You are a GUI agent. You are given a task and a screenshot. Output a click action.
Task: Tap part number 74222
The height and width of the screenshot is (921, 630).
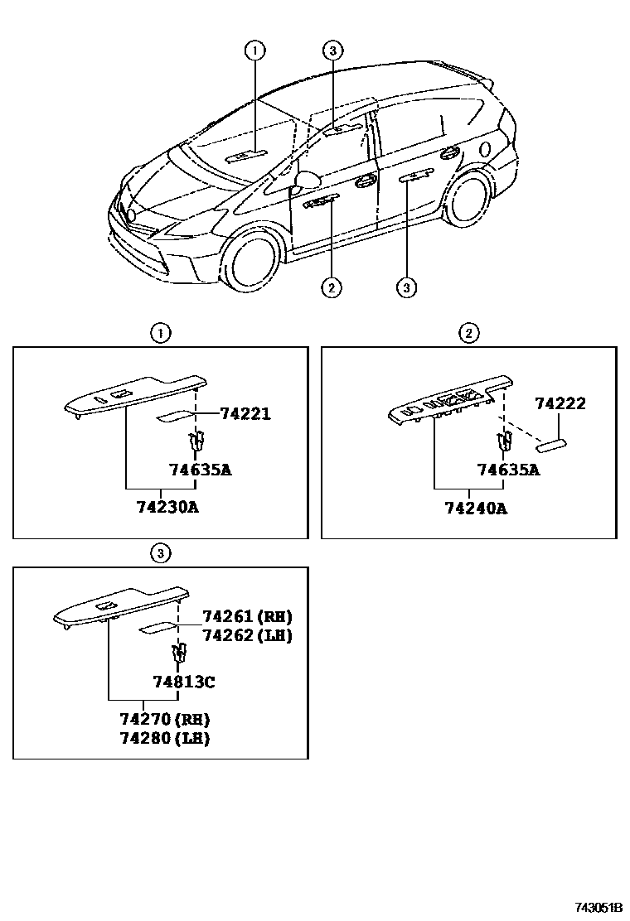pyautogui.click(x=560, y=404)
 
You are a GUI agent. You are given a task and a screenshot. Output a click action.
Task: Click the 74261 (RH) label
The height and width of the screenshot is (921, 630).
pyautogui.click(x=247, y=616)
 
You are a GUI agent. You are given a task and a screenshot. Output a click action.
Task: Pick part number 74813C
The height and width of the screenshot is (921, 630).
pyautogui.click(x=184, y=682)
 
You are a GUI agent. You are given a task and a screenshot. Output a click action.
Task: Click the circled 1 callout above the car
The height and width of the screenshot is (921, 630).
pyautogui.click(x=254, y=51)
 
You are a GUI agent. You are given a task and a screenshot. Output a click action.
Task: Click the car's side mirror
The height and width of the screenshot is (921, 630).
pyautogui.click(x=307, y=181)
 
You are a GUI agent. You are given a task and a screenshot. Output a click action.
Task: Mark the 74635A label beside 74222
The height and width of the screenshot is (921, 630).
pyautogui.click(x=508, y=470)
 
